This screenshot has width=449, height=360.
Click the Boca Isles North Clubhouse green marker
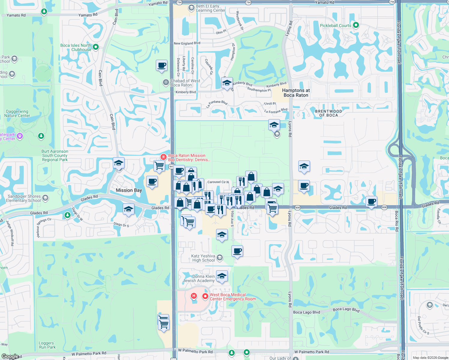point(96,47)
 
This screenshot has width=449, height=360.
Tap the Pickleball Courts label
point(335,25)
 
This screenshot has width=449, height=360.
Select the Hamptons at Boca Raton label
point(296,93)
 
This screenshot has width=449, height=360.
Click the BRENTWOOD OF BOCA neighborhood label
point(328,113)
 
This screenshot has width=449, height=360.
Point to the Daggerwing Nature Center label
point(17,113)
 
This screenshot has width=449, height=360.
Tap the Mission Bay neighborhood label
point(129,190)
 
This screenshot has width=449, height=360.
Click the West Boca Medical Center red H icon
point(194,296)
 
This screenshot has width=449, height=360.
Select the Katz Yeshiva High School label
point(203,258)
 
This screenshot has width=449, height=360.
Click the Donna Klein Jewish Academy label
point(199,278)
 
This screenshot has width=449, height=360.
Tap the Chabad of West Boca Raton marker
point(166,82)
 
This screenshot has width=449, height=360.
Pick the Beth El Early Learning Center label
point(210,8)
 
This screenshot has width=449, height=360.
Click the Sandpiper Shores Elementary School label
point(24,198)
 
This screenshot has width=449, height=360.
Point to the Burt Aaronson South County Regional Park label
point(55,155)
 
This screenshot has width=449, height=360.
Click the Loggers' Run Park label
point(47,345)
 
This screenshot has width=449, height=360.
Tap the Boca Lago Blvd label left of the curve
point(306,312)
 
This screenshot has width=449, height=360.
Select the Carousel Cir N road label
point(218,182)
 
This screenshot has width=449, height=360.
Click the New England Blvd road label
point(187,43)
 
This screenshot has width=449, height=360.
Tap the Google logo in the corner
point(10,356)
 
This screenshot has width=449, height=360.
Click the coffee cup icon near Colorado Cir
point(161,65)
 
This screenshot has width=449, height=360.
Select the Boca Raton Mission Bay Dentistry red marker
point(163,157)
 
